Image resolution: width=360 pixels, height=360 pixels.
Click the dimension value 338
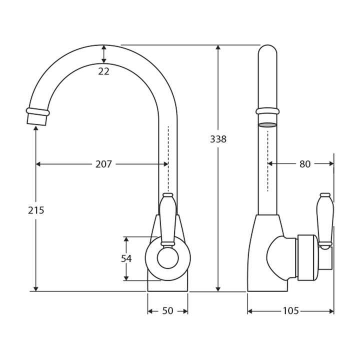(217, 139)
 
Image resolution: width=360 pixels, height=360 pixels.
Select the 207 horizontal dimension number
(103, 164)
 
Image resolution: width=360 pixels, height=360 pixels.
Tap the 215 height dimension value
(36, 210)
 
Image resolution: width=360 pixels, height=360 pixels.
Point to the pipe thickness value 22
(103, 71)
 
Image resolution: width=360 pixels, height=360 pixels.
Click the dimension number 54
(126, 258)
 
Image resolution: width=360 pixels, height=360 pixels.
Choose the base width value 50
(167, 311)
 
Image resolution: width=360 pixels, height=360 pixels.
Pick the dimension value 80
(305, 164)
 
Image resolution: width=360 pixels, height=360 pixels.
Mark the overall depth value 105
(290, 311)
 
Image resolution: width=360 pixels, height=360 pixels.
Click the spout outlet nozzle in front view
(37, 116)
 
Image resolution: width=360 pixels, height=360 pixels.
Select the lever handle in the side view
(325, 220)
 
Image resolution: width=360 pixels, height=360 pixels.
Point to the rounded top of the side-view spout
(267, 50)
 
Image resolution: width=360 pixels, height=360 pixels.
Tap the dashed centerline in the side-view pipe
(267, 160)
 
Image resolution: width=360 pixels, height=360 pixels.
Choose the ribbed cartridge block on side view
(308, 257)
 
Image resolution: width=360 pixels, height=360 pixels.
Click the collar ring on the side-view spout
(267, 111)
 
